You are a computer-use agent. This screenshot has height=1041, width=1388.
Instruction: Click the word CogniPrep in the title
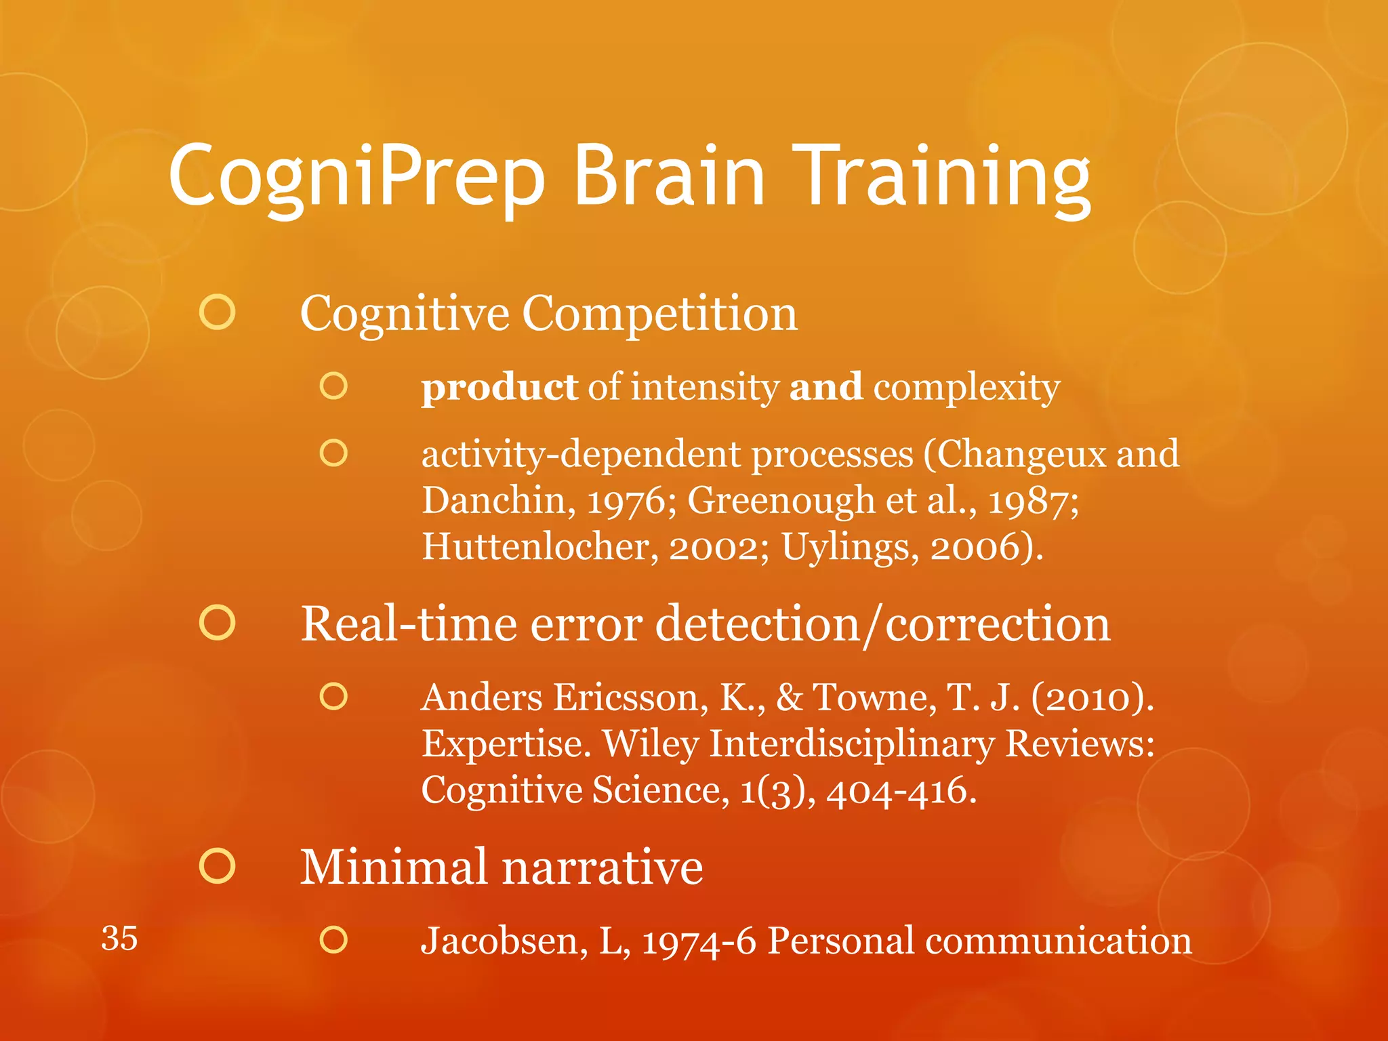(x=356, y=178)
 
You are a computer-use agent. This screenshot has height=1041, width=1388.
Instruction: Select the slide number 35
(x=119, y=939)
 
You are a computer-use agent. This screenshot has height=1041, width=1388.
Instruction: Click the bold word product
(x=499, y=388)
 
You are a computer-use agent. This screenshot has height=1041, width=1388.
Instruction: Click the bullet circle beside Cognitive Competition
(x=218, y=312)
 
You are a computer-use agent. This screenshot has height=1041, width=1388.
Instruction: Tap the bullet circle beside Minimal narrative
(x=218, y=866)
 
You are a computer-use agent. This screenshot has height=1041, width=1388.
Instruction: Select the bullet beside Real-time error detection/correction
(x=218, y=623)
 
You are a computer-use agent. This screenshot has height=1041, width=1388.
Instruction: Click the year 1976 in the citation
(x=626, y=502)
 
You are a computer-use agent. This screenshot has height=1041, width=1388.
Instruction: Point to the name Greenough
(x=781, y=502)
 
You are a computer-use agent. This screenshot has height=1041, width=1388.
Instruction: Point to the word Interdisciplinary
(x=851, y=744)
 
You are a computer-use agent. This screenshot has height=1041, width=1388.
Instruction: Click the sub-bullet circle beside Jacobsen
(x=333, y=939)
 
